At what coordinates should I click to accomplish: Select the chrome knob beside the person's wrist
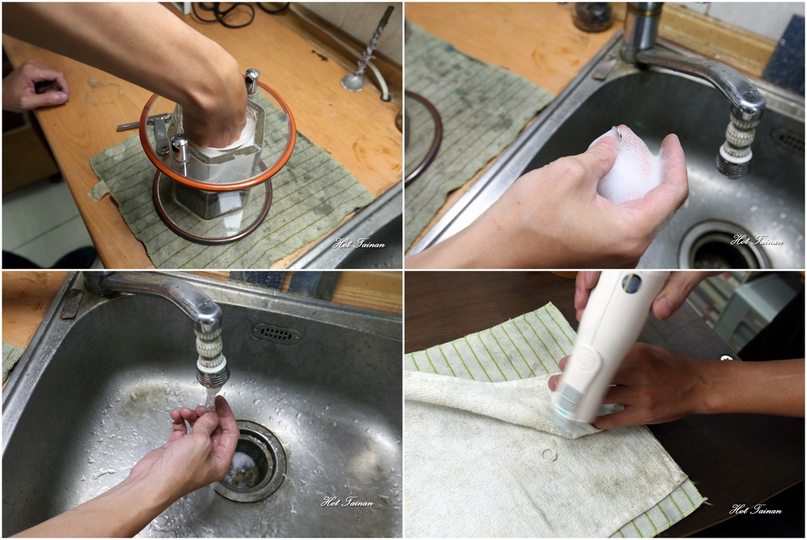click(x=251, y=80)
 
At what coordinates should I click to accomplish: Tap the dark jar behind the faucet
click(x=593, y=17)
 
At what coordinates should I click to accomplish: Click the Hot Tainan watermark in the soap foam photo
click(x=757, y=240)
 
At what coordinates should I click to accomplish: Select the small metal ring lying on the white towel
click(x=549, y=455)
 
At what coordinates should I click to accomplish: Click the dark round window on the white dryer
click(x=631, y=282)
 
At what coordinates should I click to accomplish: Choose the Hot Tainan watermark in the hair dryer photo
click(x=755, y=509)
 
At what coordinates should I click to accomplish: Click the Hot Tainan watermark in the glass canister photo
click(x=359, y=243)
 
